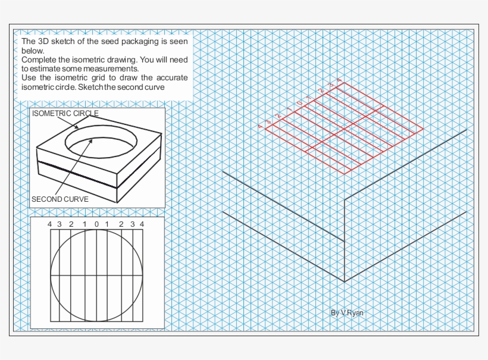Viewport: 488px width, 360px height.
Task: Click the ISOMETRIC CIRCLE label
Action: (x=65, y=113)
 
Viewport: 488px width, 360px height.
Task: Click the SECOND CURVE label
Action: (x=60, y=199)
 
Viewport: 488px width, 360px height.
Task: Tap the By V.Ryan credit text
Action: (x=346, y=312)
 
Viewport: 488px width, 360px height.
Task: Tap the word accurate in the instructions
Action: (x=170, y=78)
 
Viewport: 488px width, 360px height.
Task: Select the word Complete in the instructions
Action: (x=39, y=60)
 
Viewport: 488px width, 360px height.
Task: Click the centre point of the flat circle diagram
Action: (x=96, y=276)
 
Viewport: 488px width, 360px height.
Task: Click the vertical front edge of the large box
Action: (x=345, y=238)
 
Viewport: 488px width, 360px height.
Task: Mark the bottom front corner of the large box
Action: (x=345, y=281)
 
